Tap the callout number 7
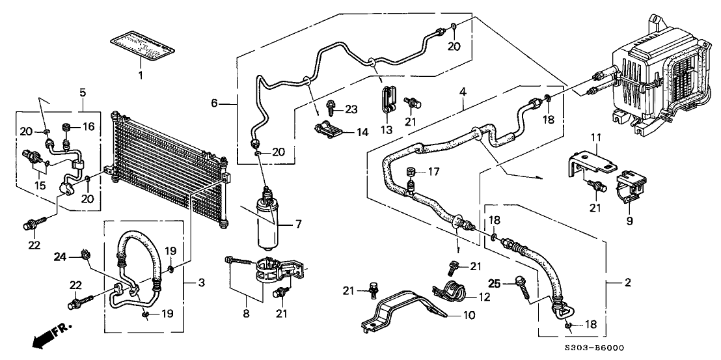click(x=299, y=225)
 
